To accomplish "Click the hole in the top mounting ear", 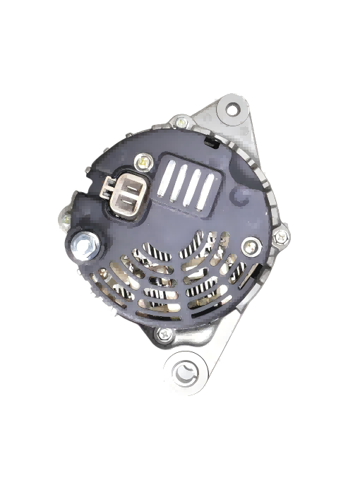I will pyautogui.click(x=232, y=109).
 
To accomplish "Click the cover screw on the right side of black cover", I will pyautogui.click(x=251, y=247).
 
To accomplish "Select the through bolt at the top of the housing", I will pyautogui.click(x=181, y=122).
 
